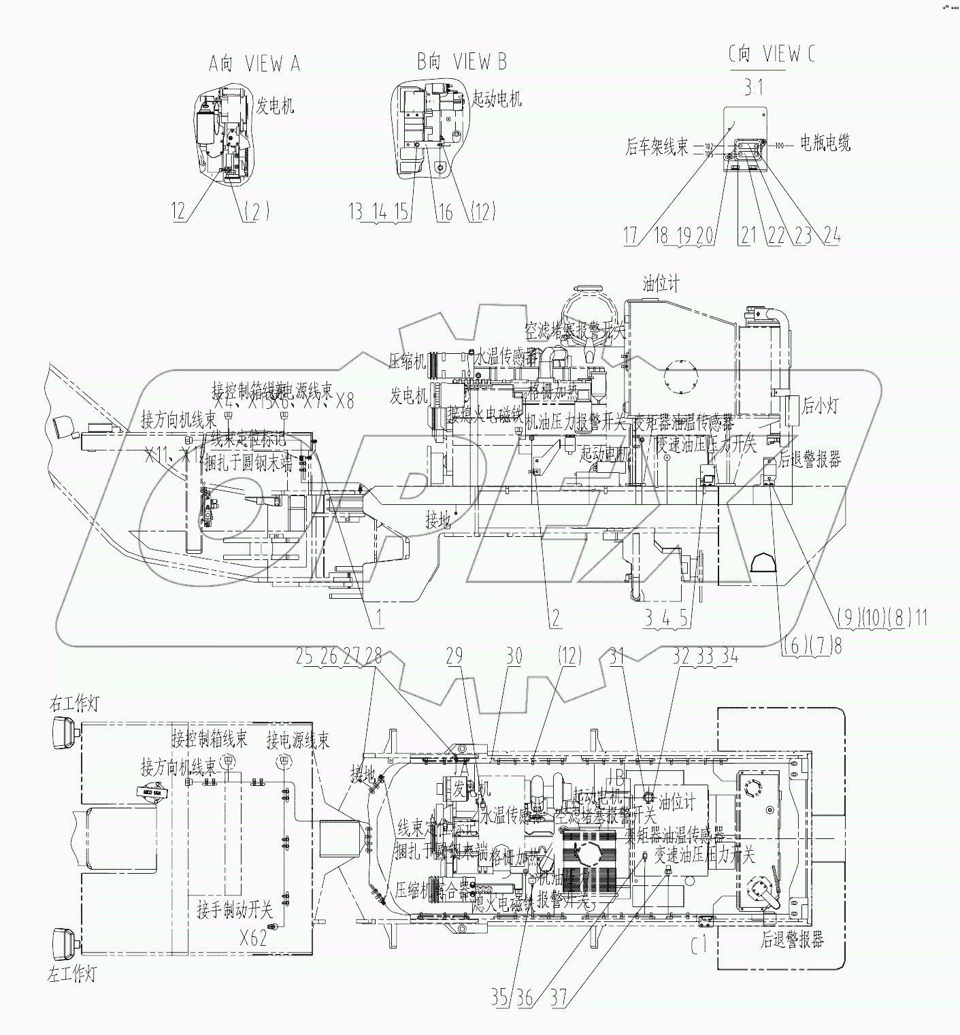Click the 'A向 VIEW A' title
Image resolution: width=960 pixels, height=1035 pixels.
point(254,64)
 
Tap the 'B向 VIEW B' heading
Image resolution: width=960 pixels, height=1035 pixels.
point(462,62)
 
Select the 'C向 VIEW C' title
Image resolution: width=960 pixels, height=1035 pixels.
point(771,54)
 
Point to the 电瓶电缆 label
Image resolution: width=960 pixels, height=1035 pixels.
point(824,143)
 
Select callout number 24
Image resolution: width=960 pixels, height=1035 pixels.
point(831,235)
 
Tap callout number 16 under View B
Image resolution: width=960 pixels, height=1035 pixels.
point(444,212)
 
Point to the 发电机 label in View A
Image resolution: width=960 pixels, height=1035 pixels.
point(274,105)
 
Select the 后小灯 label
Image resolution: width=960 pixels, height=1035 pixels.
point(820,406)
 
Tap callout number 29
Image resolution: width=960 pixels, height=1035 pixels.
point(454,656)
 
